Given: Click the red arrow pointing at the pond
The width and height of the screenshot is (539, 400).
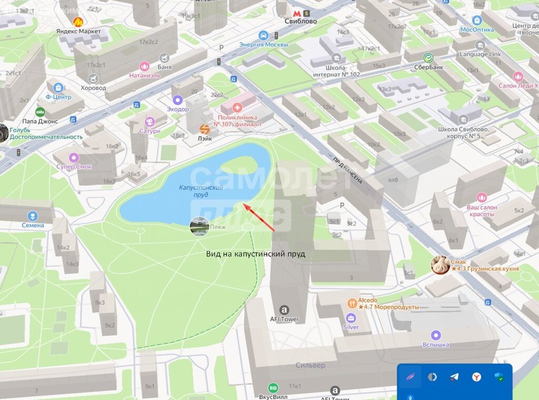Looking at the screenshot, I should click(259, 217).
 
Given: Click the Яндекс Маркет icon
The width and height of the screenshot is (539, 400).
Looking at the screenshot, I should click(77, 21).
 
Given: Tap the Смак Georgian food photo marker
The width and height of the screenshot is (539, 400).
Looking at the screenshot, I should click(440, 265).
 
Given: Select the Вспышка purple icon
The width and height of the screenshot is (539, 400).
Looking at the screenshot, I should click(436, 335).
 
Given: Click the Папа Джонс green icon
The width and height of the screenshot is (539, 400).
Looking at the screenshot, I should click(40, 111).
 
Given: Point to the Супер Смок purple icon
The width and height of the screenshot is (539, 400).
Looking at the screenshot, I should click(74, 157).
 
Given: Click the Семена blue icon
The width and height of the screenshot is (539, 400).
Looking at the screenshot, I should click(33, 216).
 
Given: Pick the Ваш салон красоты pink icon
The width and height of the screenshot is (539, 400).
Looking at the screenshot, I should click(482, 197).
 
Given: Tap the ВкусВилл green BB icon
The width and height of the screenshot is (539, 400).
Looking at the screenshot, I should click(273, 388).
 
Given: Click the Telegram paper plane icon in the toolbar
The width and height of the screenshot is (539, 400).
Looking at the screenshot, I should click(454, 376).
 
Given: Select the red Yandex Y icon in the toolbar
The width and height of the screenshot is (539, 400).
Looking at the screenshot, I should click(476, 376).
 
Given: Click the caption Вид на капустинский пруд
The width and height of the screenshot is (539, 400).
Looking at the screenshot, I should click(255, 254).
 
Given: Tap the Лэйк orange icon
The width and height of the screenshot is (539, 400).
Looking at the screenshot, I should click(205, 129).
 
